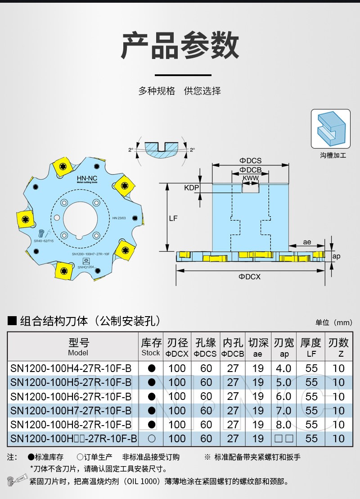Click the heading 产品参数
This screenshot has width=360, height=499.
[x=180, y=46]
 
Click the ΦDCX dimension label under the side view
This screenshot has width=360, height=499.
[x=249, y=277]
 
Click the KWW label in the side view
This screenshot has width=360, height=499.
[x=250, y=179]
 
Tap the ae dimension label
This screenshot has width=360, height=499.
[x=307, y=242]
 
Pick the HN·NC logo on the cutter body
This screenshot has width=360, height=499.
[x=84, y=177]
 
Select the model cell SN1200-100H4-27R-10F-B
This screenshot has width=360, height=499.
[x=71, y=368]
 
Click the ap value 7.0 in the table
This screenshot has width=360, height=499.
[x=283, y=410]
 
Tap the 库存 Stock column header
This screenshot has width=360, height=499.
[x=151, y=347]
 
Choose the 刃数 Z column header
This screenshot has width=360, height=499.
[x=338, y=347]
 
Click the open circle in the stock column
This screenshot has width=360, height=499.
[x=152, y=438]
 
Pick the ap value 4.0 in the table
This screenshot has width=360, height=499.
[x=283, y=368]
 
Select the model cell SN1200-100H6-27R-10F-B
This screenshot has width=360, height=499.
[x=71, y=396]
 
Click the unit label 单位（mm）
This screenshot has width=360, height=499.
[x=333, y=322]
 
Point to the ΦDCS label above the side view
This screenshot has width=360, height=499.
[x=250, y=161]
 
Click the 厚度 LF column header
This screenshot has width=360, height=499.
[x=311, y=347]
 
